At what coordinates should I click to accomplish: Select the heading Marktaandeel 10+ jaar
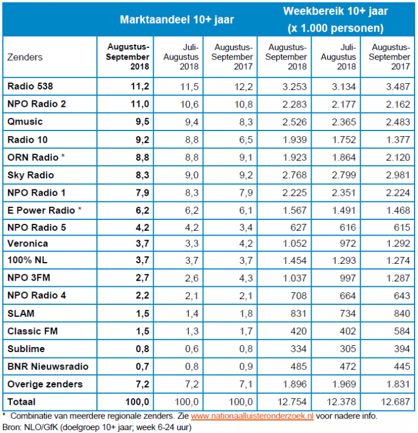(177, 20)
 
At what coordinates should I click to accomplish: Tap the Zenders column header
(25, 57)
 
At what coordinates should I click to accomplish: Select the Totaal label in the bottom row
(21, 401)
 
